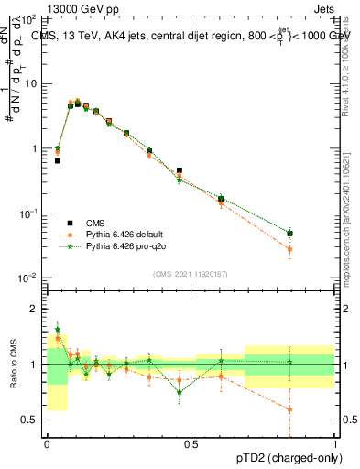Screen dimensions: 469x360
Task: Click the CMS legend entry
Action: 94,223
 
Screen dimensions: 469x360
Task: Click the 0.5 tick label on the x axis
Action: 191,443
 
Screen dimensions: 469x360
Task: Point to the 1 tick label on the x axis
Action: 335,443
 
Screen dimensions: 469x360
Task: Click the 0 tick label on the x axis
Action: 47,443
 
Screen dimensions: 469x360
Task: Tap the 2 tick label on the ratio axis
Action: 34,309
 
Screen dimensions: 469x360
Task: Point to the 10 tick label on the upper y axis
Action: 30,83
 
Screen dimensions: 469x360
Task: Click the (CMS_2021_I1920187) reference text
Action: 191,273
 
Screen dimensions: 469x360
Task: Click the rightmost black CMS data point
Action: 289,234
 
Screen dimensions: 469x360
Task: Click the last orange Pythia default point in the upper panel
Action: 289,249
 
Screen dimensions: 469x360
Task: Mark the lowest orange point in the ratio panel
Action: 289,409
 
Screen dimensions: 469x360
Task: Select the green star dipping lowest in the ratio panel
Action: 180,392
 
